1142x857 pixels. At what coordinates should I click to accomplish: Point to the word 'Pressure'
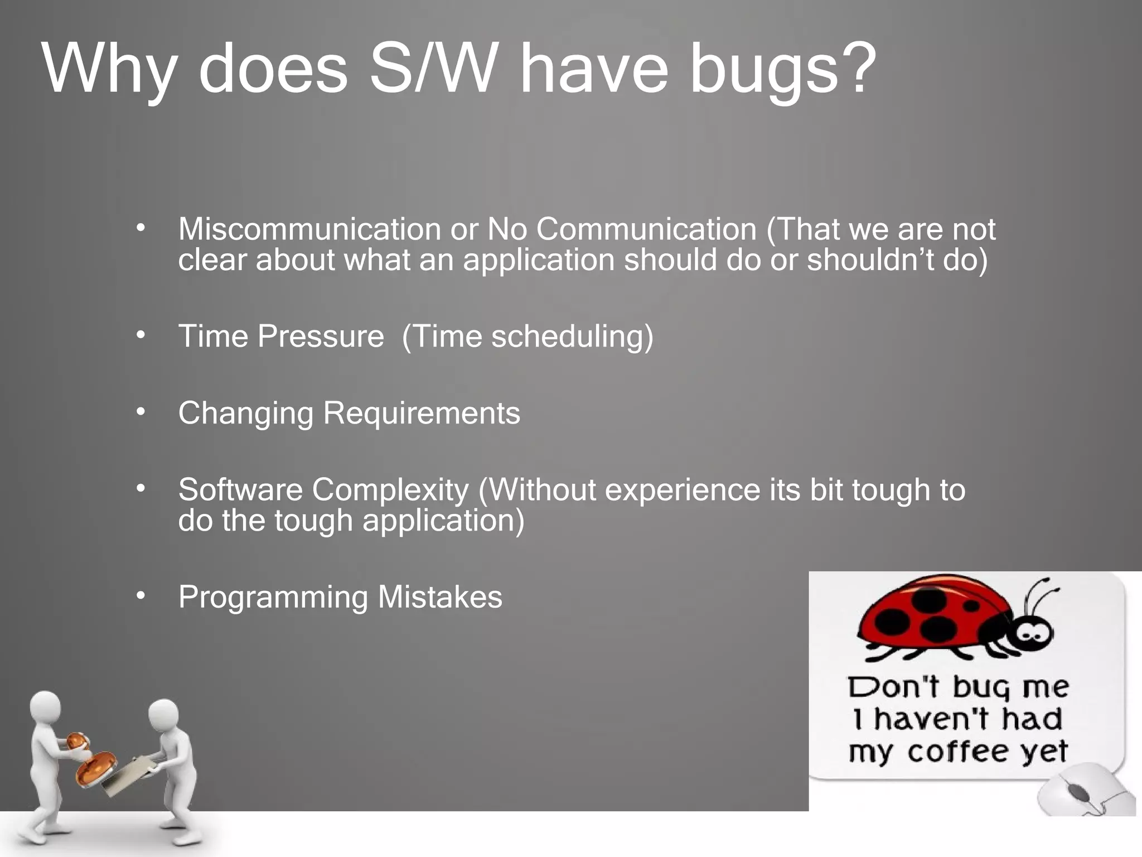point(321,336)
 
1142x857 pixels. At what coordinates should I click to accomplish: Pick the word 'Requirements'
point(422,413)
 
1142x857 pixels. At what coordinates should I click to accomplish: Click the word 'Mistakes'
point(440,596)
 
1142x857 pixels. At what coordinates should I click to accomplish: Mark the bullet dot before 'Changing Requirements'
point(141,412)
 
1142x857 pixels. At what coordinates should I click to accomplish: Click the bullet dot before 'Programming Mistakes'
point(141,596)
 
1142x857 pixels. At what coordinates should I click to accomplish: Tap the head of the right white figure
point(163,716)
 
